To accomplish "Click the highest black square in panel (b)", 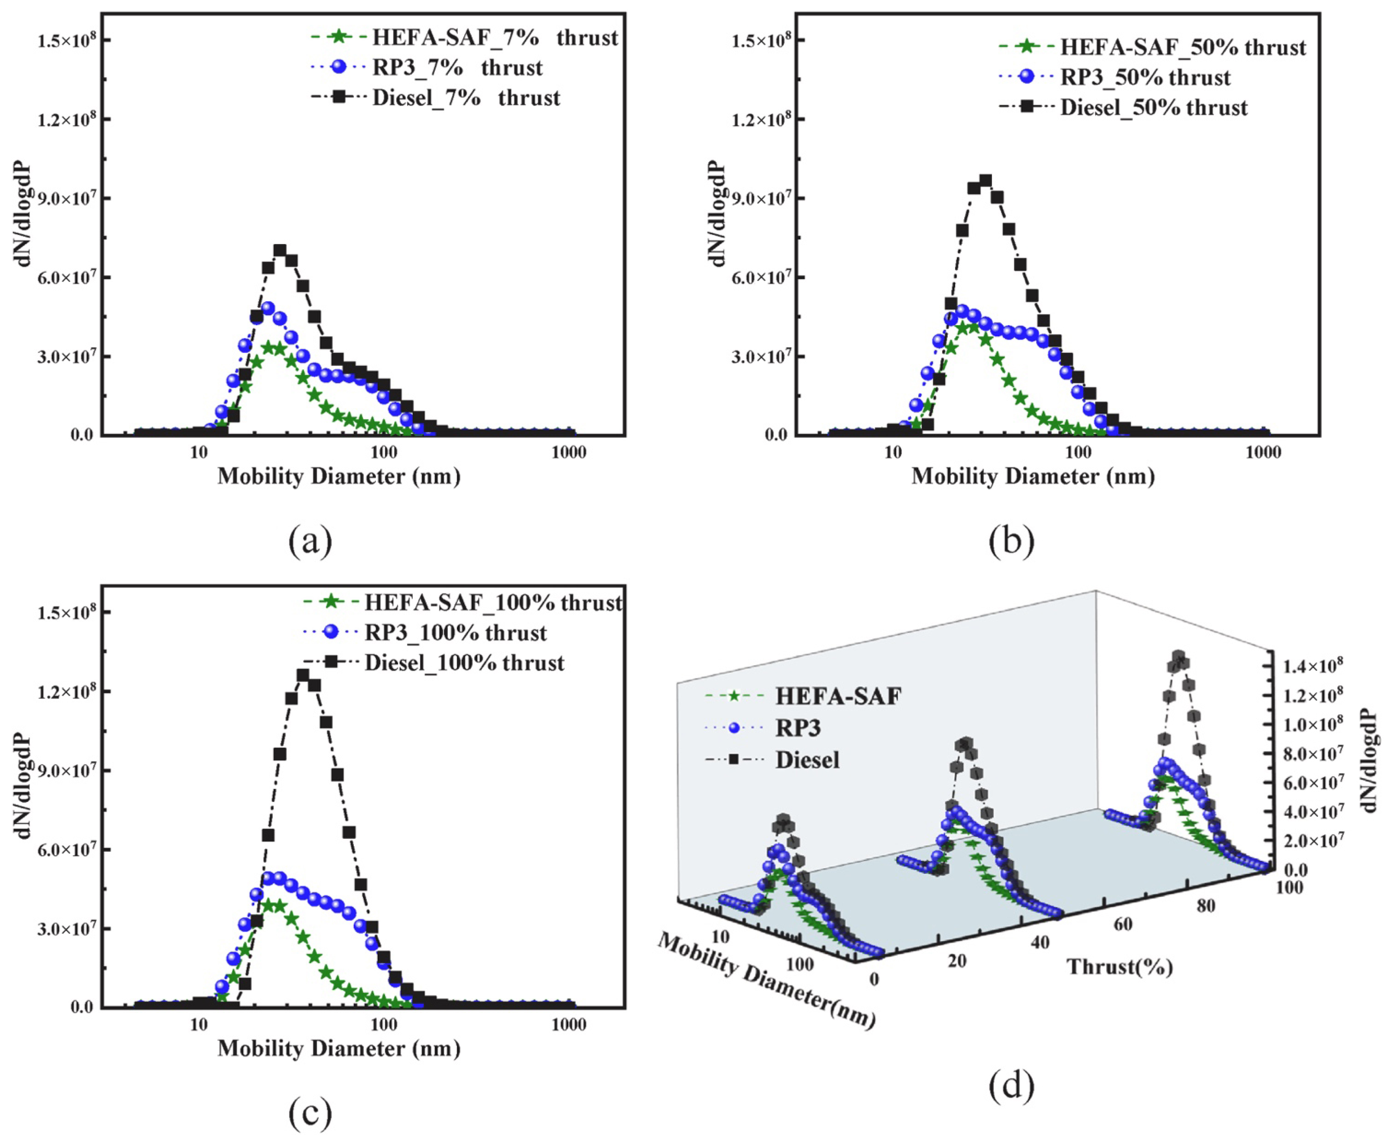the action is point(985,180).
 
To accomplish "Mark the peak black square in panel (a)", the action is point(280,250).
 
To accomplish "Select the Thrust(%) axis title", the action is point(1120,966).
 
